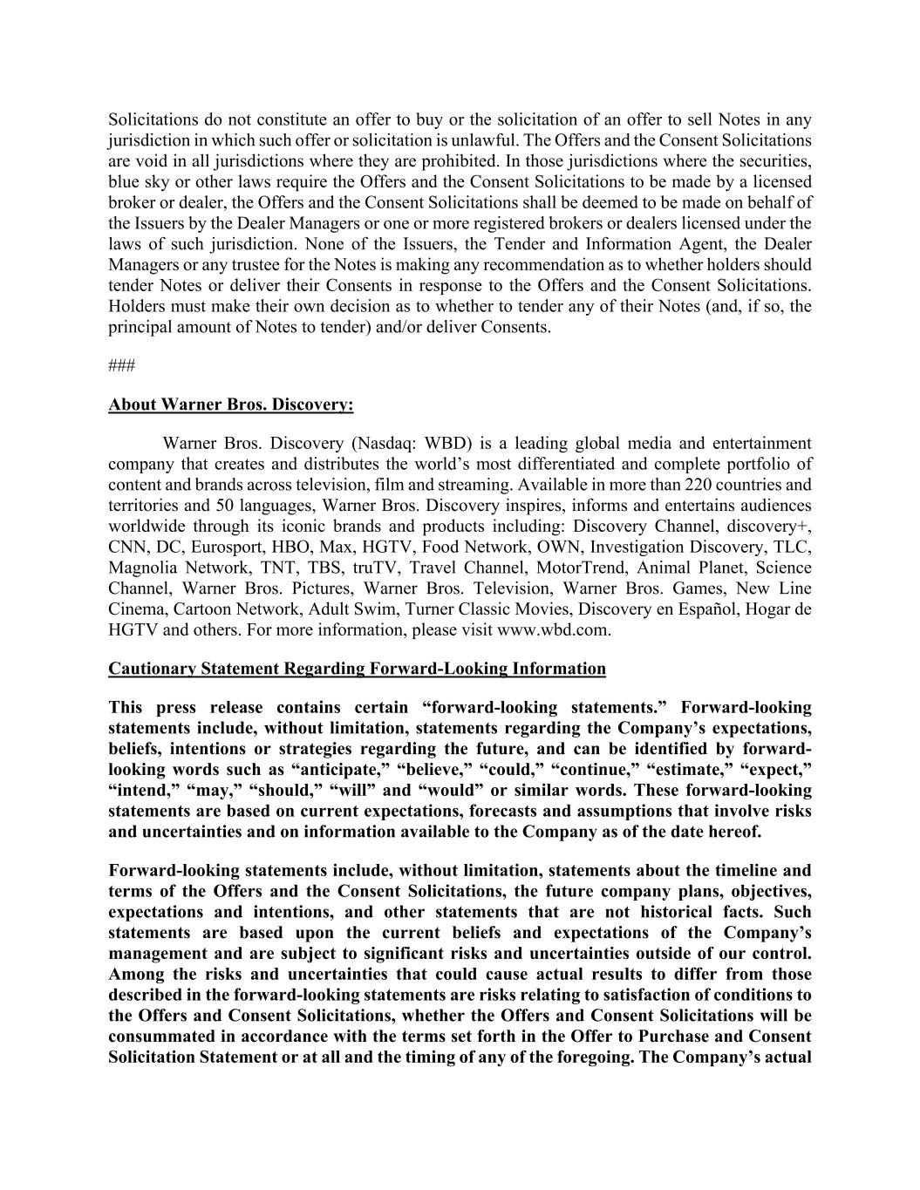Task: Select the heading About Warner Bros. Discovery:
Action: click(x=231, y=405)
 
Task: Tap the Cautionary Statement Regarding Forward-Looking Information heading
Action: click(x=357, y=669)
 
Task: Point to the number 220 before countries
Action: click(x=701, y=485)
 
